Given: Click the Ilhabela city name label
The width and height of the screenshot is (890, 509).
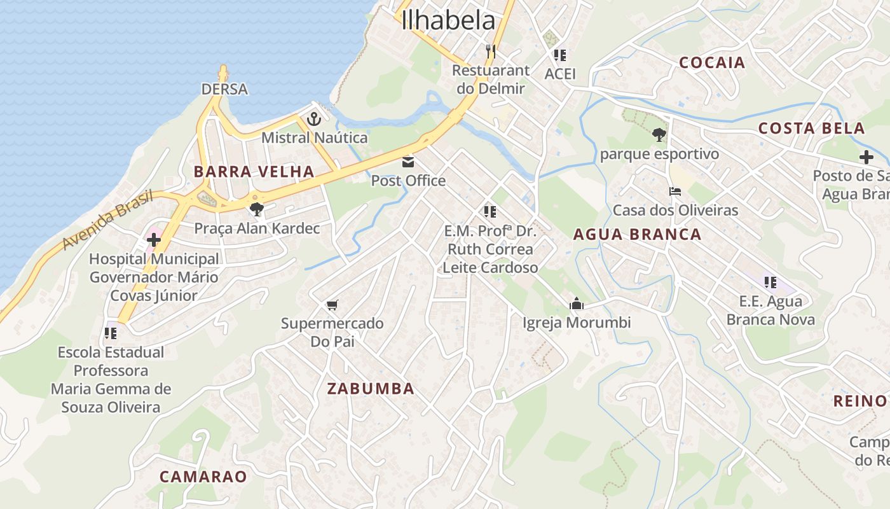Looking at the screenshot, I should [448, 20].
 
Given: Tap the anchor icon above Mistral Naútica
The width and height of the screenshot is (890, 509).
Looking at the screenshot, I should [314, 119].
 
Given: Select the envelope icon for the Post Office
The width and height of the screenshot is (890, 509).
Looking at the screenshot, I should [408, 162].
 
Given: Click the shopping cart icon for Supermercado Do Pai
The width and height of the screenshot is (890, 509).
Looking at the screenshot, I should [332, 305].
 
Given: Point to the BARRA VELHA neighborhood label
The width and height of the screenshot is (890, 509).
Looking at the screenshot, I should [254, 171].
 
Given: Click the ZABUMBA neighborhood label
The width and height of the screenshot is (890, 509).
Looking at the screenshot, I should [371, 388].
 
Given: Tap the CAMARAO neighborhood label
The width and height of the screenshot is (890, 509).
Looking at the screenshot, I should [203, 477].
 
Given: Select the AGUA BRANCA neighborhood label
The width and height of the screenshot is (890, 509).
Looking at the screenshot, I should [637, 234].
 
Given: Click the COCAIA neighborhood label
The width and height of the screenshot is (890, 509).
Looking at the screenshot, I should [712, 62].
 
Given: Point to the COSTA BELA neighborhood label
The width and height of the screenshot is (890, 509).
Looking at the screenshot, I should [811, 128].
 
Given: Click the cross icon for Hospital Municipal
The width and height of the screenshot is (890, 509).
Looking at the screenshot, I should [154, 240].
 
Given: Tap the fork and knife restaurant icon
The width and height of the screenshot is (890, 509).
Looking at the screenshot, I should [490, 51].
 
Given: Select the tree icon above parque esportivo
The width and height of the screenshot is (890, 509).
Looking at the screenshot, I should [659, 135].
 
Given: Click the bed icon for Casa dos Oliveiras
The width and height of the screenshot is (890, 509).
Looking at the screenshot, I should [674, 192].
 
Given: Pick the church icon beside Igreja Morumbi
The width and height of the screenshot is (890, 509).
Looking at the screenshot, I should [577, 303].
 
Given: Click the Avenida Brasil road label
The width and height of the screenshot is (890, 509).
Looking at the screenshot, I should [108, 220].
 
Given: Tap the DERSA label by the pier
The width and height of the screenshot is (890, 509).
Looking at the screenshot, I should [224, 89].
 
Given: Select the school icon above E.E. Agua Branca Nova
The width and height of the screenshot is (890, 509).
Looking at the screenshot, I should [770, 282].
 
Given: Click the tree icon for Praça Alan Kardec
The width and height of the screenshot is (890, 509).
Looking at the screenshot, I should [257, 209].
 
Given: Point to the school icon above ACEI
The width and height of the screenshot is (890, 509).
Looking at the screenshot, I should [559, 55].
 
